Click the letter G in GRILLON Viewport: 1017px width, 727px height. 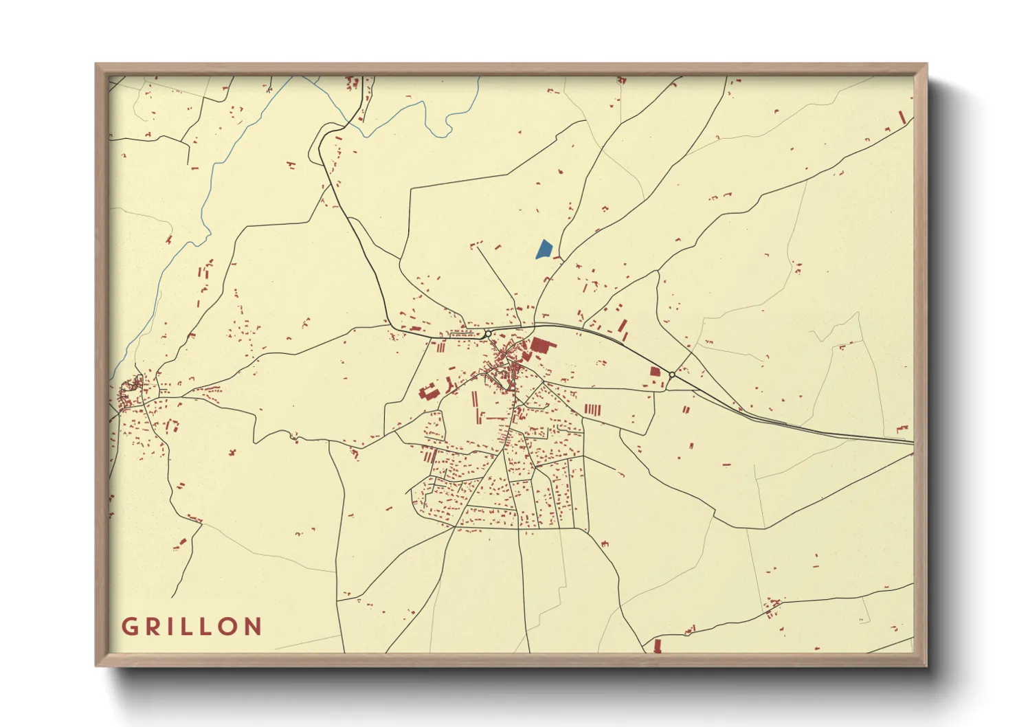pos(130,627)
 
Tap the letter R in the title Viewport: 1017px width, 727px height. pos(153,627)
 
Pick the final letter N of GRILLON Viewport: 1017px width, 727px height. pos(253,627)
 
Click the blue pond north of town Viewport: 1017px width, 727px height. pos(544,249)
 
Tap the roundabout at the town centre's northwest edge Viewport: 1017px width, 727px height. pos(487,334)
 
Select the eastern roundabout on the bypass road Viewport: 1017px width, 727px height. pos(671,374)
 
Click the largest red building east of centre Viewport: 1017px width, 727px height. pos(540,345)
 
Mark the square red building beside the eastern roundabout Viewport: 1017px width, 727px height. pos(655,372)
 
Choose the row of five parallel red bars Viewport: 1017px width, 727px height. pos(592,410)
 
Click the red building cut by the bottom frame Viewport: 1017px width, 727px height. pos(658,646)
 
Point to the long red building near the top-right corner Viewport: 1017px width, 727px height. pos(903,118)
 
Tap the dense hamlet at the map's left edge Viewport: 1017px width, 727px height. pos(129,393)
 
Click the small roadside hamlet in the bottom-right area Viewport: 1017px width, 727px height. pos(772,608)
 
